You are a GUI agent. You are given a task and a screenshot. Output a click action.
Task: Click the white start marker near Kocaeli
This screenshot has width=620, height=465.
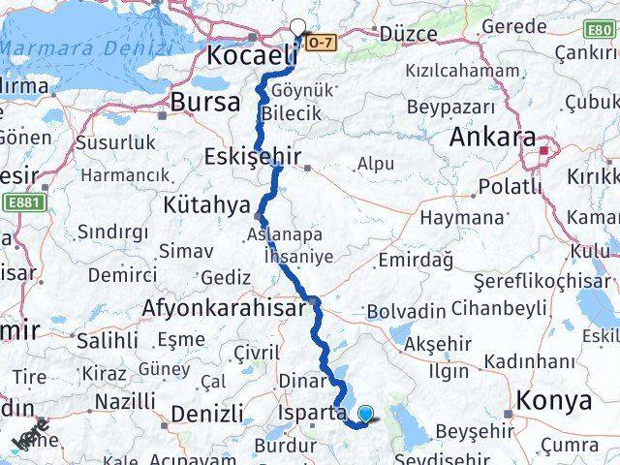tap(297, 28)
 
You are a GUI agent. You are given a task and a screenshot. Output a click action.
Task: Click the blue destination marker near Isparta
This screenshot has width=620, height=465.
tap(364, 416)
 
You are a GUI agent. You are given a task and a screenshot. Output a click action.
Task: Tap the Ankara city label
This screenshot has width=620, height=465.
tap(492, 139)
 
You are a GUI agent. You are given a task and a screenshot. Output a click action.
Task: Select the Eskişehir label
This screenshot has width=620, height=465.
tap(253, 157)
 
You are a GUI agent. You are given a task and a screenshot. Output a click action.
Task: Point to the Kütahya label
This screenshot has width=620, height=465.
tap(207, 205)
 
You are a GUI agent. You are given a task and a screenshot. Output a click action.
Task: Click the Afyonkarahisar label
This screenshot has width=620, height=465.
tap(224, 309)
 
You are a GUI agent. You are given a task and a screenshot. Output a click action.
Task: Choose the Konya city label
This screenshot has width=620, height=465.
tap(554, 400)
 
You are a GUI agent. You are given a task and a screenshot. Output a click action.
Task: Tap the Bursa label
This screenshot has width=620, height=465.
tap(204, 102)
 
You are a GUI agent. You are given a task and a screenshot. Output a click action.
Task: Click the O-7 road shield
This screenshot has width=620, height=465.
tap(323, 41)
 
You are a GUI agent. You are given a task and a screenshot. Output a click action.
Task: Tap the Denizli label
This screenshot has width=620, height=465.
tap(206, 415)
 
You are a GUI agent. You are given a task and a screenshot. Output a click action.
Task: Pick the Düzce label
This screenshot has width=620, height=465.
tap(408, 33)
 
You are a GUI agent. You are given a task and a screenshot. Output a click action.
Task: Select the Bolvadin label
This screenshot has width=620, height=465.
tap(406, 311)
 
